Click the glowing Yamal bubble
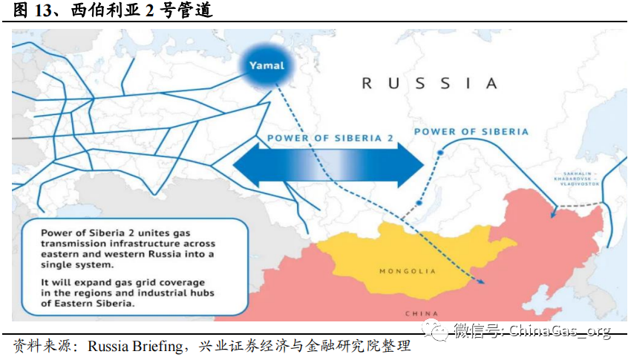[x=267, y=65]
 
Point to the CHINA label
[x=421, y=312]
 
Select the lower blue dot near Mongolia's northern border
[x=419, y=203]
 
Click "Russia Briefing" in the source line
[x=135, y=347]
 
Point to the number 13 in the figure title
[x=43, y=10]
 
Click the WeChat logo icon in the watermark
[x=436, y=330]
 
